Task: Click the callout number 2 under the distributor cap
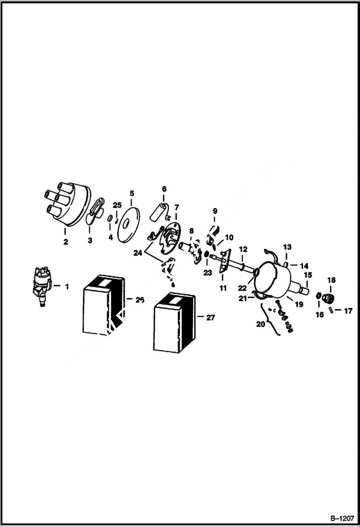tap(65, 242)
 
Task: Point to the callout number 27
tap(210, 318)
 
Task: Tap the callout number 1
tap(66, 286)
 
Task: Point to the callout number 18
tap(331, 280)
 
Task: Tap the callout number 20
tap(261, 324)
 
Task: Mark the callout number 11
tap(223, 288)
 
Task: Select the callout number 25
tap(117, 206)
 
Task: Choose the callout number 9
tap(215, 211)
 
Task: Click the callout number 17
tap(348, 311)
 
